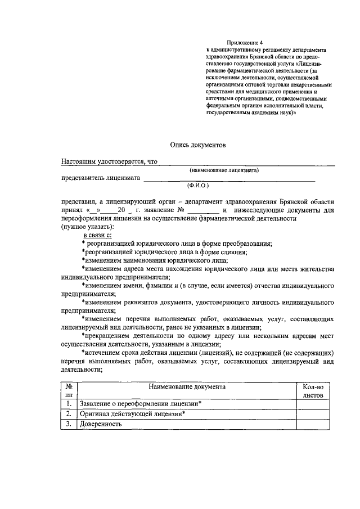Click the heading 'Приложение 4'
pos(245,42)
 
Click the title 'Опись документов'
pos(198,145)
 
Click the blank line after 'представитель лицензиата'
pos(228,179)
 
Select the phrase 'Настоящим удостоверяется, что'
pos(109,161)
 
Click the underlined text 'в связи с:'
pos(98,234)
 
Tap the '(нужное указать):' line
pos(87,226)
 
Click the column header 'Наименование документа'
pos(187,387)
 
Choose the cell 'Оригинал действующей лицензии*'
pos(133,414)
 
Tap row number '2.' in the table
pos(68,414)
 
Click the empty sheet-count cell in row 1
pos(313,404)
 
